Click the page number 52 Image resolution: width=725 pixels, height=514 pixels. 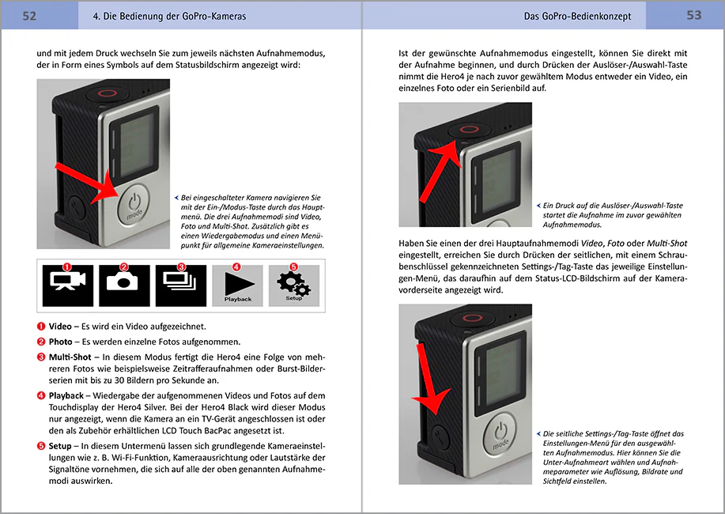[29, 16]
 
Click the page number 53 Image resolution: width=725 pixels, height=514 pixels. [694, 15]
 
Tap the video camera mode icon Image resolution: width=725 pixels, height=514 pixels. [68, 285]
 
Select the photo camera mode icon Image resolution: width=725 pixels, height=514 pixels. [124, 285]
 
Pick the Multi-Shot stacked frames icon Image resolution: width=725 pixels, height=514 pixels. [181, 285]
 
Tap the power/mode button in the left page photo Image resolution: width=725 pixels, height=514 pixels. [134, 205]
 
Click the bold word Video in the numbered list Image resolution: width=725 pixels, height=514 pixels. [60, 327]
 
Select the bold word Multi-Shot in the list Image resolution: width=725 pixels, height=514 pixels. [70, 357]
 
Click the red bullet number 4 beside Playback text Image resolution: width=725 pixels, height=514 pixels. [41, 395]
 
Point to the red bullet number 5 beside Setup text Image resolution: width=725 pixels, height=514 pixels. [41, 446]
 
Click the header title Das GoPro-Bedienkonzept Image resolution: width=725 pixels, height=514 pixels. [577, 16]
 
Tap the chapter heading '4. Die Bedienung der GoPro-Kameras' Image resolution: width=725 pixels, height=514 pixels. [169, 16]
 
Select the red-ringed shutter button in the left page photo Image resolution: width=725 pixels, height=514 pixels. [108, 93]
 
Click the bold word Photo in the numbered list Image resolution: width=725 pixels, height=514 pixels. [61, 342]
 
